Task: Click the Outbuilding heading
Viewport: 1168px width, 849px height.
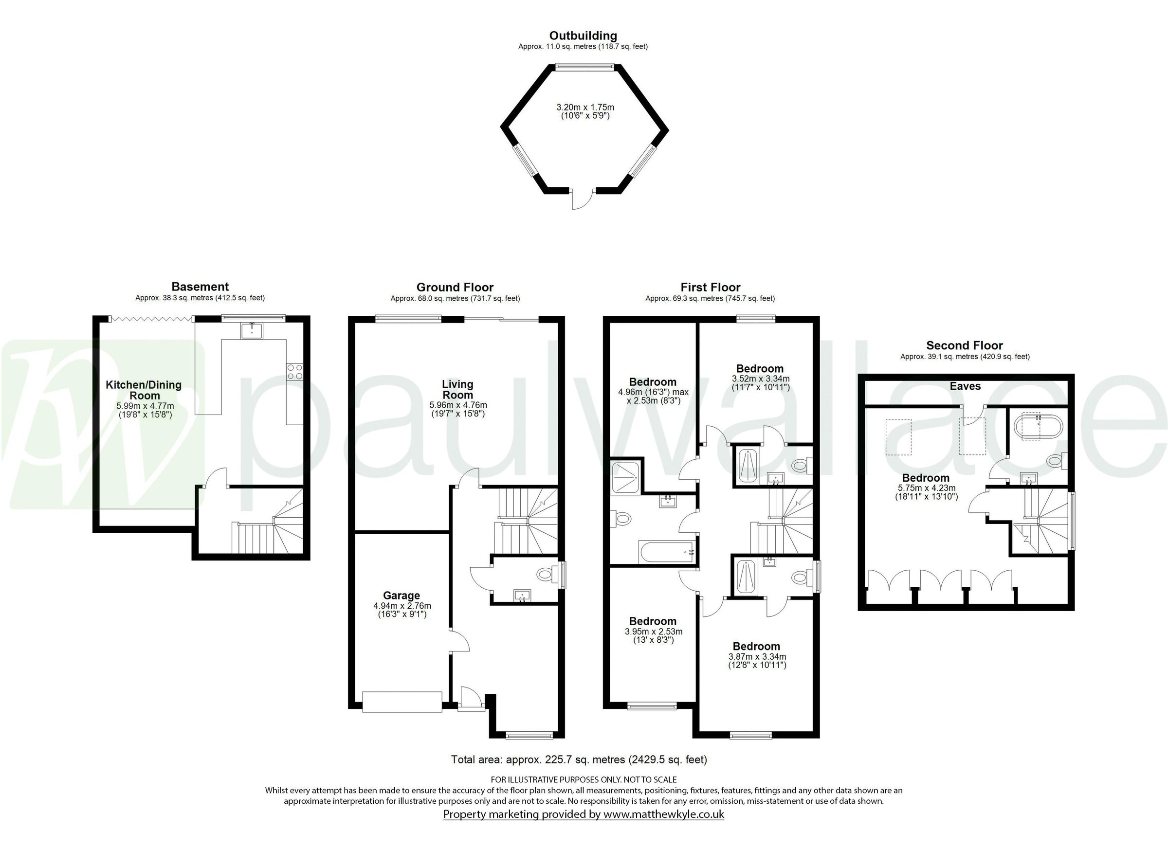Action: coord(583,36)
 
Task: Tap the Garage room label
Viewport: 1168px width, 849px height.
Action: coord(401,596)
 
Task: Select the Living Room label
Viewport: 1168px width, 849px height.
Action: coord(457,389)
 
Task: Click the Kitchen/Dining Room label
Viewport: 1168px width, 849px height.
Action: coord(144,390)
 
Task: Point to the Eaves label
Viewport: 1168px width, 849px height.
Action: coord(965,386)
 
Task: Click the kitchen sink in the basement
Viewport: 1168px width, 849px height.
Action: coord(252,330)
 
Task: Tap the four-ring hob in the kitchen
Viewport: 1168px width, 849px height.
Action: coord(295,372)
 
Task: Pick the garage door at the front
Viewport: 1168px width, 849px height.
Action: coord(402,702)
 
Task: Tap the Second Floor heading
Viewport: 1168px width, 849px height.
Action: coord(965,345)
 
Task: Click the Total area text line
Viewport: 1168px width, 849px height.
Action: coord(579,759)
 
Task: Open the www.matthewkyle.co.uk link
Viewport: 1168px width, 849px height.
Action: coord(664,814)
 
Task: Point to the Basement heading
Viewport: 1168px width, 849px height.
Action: coord(200,287)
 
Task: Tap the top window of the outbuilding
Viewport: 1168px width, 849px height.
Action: coord(584,65)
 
